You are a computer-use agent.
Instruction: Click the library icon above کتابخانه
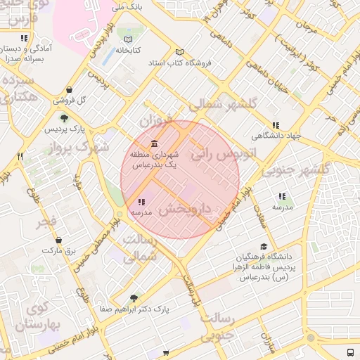pos(127,39)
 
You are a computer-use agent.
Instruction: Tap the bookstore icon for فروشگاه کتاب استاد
pos(179,52)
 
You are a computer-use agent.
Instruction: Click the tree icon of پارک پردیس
pos(64,119)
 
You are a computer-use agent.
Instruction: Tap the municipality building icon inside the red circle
pos(153,143)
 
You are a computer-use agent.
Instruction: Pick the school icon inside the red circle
pos(141,202)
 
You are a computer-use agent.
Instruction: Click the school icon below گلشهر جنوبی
pos(282,197)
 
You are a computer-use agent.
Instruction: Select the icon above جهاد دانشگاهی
pos(275,125)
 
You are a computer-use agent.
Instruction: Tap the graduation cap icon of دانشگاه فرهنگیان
pos(263,247)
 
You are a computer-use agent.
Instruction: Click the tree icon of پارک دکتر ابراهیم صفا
pos(134,297)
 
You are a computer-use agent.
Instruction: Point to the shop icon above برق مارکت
pos(58,240)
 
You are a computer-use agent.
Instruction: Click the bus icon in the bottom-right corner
pos(350,352)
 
